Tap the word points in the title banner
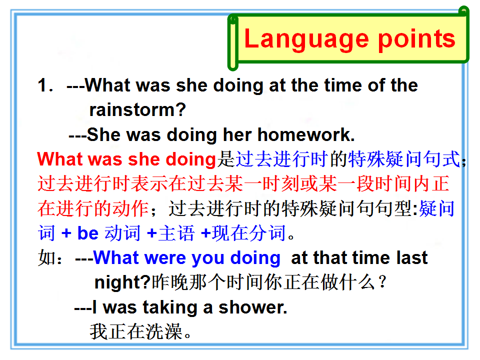(417, 39)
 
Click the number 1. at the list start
(45, 85)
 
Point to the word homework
(306, 134)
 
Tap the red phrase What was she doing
(126, 159)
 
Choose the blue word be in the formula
(88, 233)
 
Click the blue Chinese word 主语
(176, 233)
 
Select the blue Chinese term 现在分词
(249, 233)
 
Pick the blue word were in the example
(165, 258)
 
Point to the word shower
(253, 307)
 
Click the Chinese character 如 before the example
(46, 258)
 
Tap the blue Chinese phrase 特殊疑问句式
(404, 159)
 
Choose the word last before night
(411, 258)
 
